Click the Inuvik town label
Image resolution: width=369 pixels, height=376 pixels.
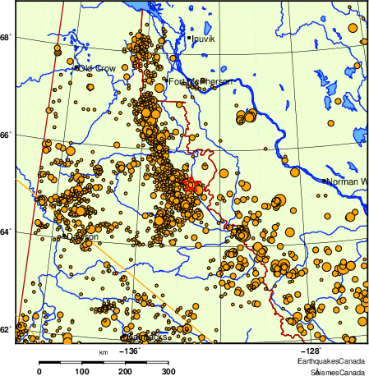pyautogui.click(x=203, y=39)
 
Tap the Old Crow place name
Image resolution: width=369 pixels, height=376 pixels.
pyautogui.click(x=96, y=68)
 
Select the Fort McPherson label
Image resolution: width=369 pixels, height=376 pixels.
pyautogui.click(x=201, y=82)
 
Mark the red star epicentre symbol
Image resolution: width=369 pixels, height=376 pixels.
pyautogui.click(x=191, y=184)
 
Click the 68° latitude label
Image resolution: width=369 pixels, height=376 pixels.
pyautogui.click(x=5, y=38)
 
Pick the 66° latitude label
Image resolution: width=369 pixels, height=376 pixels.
pyautogui.click(x=5, y=136)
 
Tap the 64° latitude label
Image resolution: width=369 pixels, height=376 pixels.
pyautogui.click(x=5, y=233)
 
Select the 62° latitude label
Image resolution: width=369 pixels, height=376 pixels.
pyautogui.click(x=5, y=330)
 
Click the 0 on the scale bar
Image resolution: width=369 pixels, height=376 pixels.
pyautogui.click(x=39, y=371)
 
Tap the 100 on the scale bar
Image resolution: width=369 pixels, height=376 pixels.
pyautogui.click(x=82, y=371)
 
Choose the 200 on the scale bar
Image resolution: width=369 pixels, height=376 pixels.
pyautogui.click(x=126, y=371)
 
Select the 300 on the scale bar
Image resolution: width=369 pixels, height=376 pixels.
pyautogui.click(x=169, y=371)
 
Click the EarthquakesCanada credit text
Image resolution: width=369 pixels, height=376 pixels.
pyautogui.click(x=332, y=361)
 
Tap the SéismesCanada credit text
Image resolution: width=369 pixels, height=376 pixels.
pyautogui.click(x=332, y=371)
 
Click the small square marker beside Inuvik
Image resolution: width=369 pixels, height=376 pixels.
pyautogui.click(x=188, y=39)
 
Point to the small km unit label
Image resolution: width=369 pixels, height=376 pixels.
pyautogui.click(x=103, y=351)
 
